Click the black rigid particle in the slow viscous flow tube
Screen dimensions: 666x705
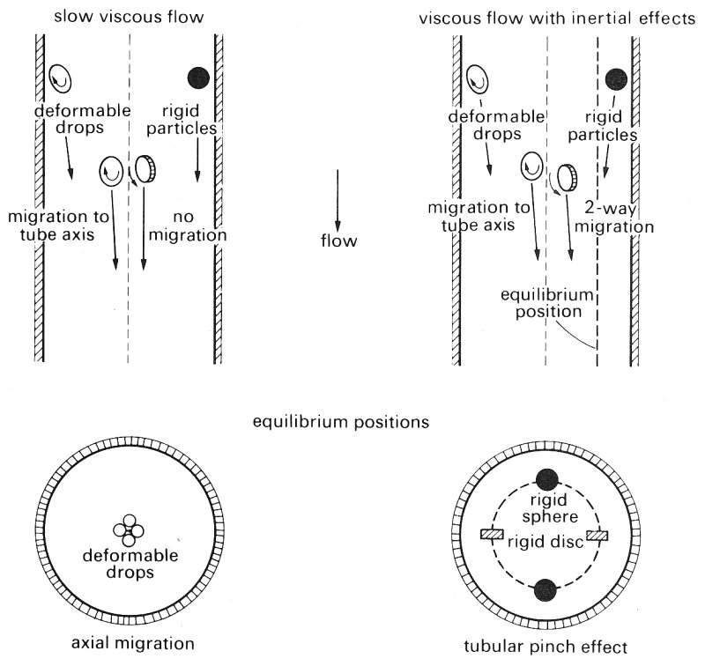197,78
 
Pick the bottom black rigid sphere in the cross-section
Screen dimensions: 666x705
546,588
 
